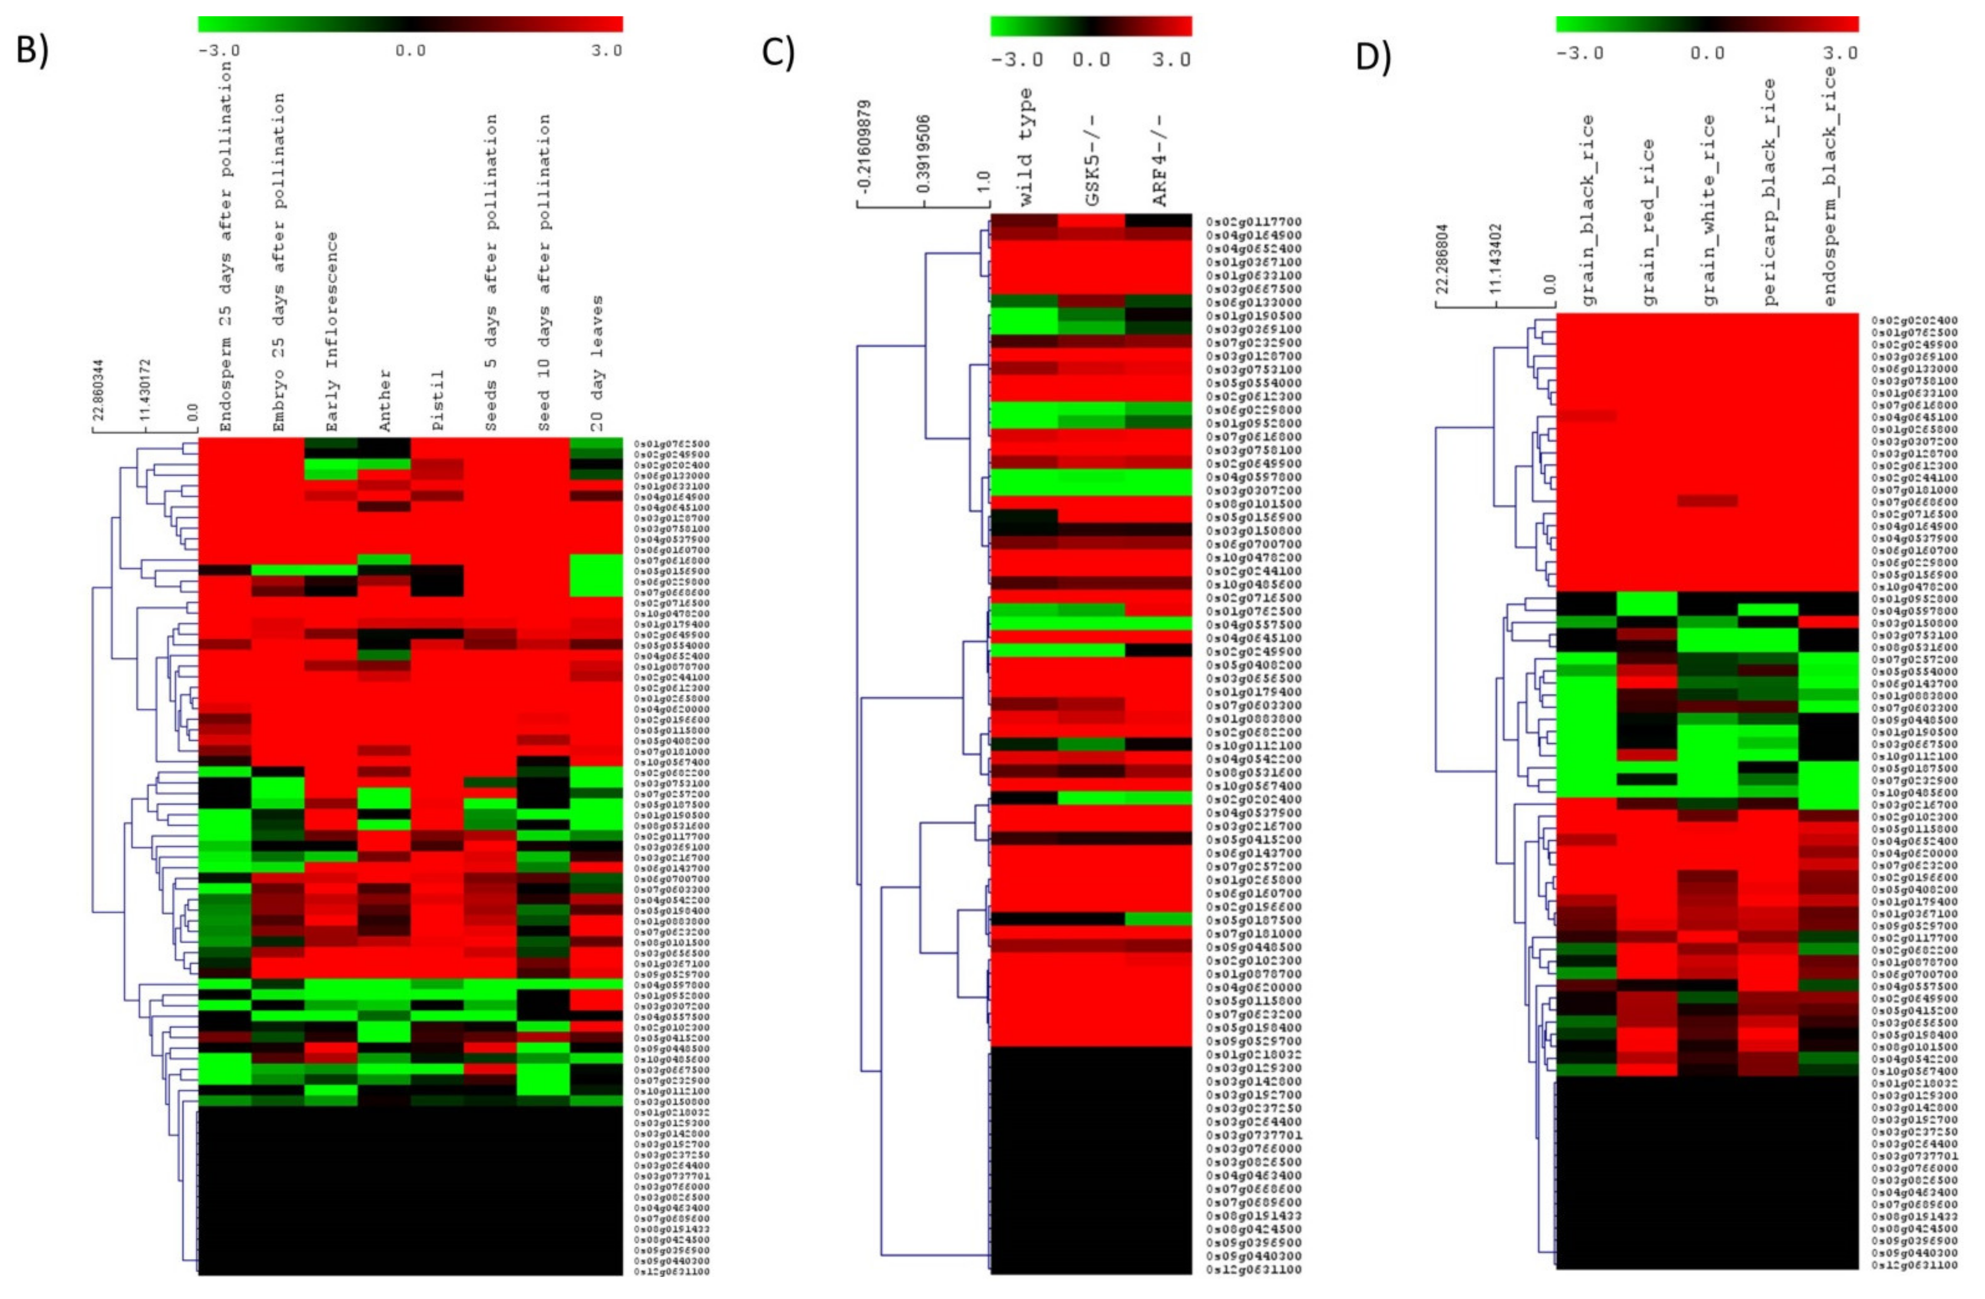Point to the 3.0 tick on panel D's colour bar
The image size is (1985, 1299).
click(1840, 53)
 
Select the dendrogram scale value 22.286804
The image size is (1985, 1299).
click(1443, 257)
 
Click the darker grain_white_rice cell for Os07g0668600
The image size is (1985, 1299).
click(1708, 501)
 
